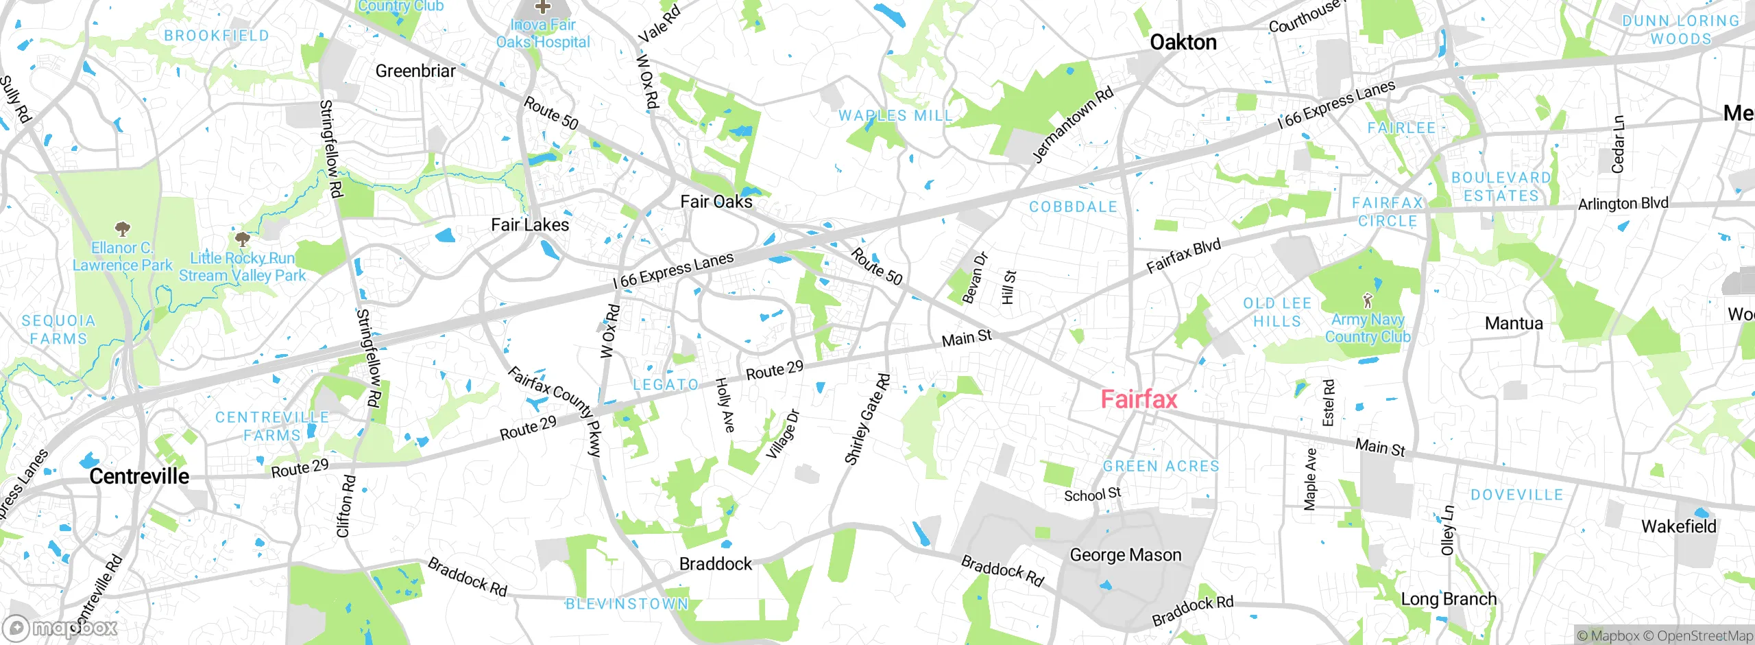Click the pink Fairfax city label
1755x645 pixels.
(1139, 399)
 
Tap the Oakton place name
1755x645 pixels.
(1183, 43)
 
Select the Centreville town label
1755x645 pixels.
(139, 476)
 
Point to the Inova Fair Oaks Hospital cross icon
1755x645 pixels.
(543, 7)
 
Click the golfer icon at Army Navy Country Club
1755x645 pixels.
(1368, 301)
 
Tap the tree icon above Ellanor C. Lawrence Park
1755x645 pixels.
(123, 228)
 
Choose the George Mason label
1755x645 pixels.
(1126, 554)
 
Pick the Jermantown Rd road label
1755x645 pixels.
(1072, 126)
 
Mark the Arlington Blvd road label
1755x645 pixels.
(1623, 204)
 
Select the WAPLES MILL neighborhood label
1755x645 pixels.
(895, 116)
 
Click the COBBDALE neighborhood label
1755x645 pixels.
(1073, 207)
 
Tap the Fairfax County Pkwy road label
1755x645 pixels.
(556, 410)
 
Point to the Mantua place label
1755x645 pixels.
(1514, 323)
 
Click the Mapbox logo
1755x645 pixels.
(60, 628)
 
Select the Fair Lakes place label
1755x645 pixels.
(530, 225)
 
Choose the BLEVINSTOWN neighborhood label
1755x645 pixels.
(627, 604)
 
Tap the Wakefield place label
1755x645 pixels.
(1678, 526)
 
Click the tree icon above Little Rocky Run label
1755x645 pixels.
(241, 239)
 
